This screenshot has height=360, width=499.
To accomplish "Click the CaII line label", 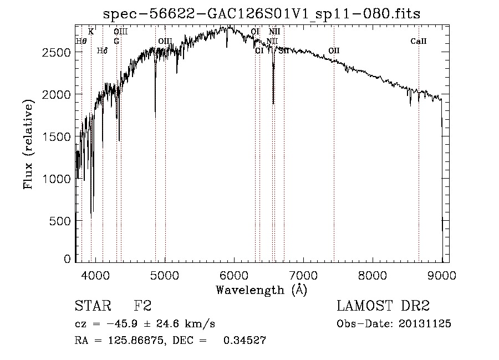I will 419,42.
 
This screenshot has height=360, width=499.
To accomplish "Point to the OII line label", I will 334,50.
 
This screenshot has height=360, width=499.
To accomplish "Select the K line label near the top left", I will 91,32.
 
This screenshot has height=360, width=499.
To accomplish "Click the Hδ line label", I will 102,51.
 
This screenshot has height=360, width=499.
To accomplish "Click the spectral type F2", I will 143,306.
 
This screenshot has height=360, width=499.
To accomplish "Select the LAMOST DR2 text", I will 383,306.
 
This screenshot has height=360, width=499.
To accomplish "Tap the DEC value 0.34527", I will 244,341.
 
